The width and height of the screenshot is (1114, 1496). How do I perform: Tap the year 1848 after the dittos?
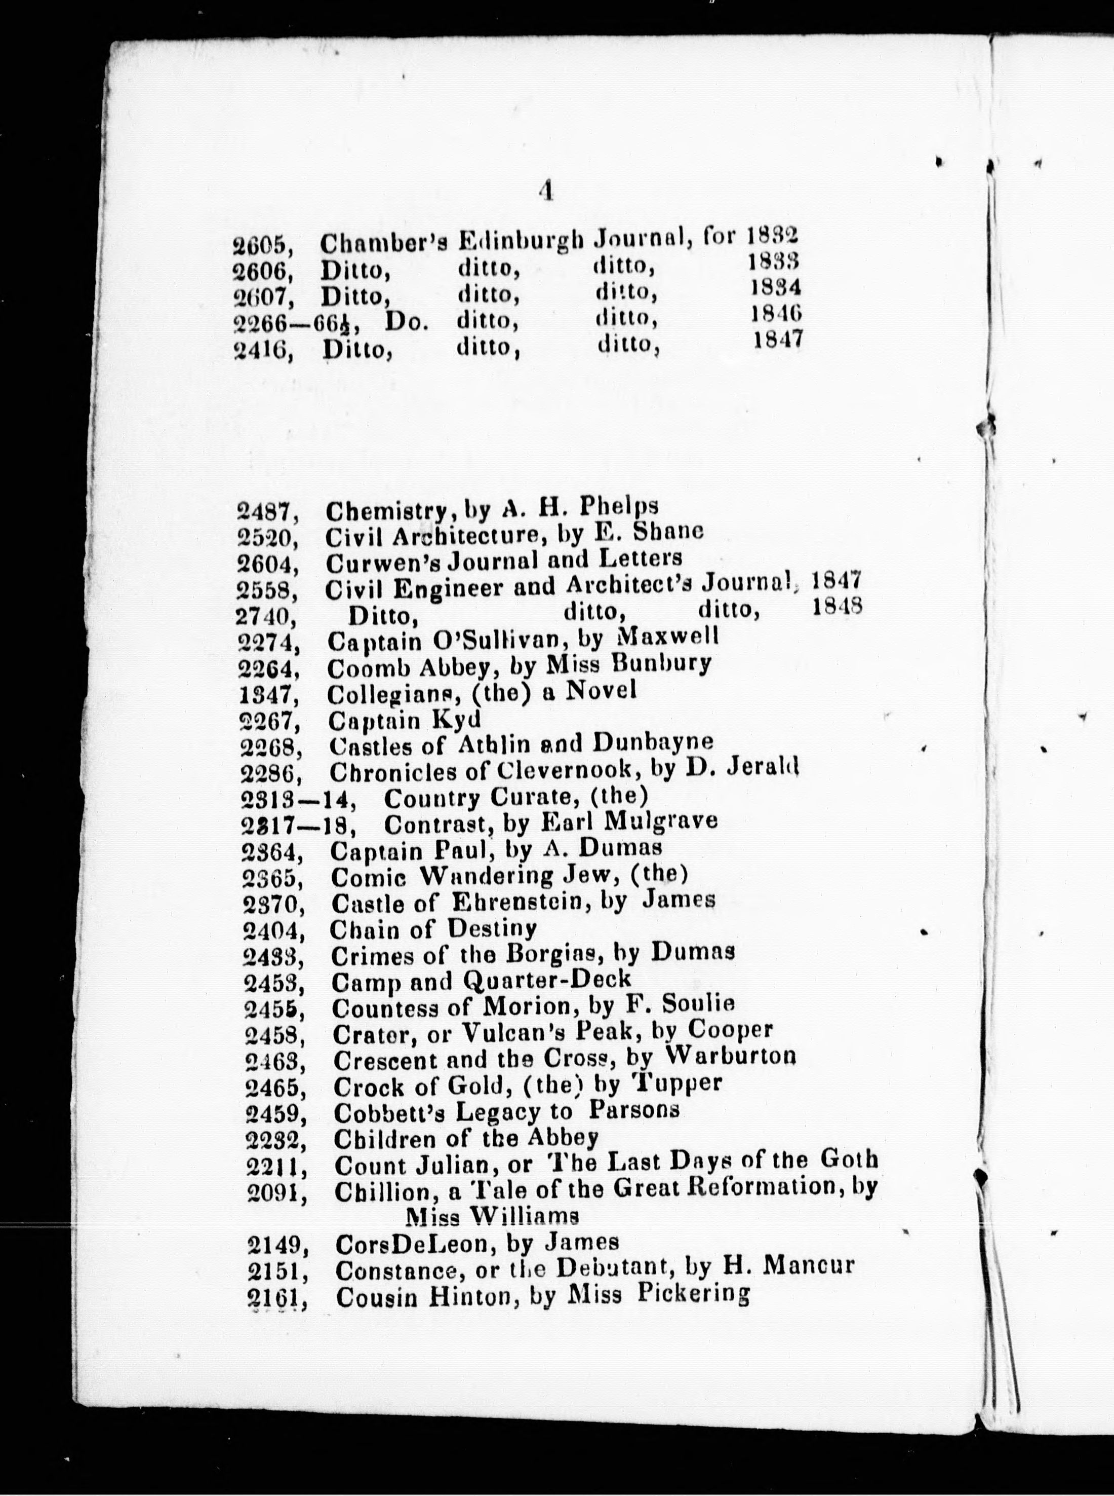[x=838, y=606]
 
